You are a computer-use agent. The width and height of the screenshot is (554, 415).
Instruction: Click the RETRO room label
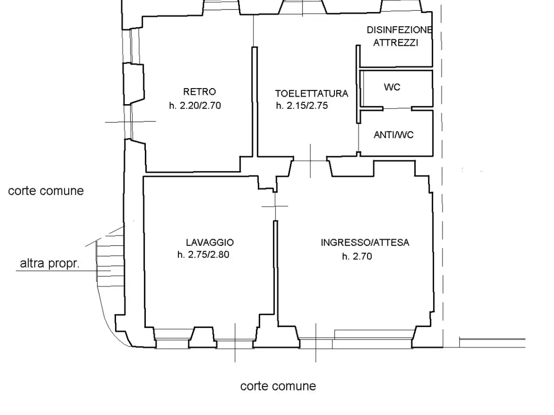pyautogui.click(x=200, y=92)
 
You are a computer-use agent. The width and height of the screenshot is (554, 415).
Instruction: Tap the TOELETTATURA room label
pyautogui.click(x=312, y=93)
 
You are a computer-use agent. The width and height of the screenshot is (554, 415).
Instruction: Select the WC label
pyautogui.click(x=392, y=87)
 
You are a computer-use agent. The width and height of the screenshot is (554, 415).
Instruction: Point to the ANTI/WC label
pyautogui.click(x=393, y=135)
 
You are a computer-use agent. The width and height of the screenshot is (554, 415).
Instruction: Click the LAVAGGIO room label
pyautogui.click(x=210, y=243)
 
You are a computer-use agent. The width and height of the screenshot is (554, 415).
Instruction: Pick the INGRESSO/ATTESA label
pyautogui.click(x=365, y=243)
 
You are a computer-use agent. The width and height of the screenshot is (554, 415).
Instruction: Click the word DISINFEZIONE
pyautogui.click(x=399, y=30)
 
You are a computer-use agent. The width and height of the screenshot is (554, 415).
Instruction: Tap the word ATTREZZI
pyautogui.click(x=396, y=43)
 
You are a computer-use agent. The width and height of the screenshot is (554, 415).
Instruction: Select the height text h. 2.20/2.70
pyautogui.click(x=195, y=105)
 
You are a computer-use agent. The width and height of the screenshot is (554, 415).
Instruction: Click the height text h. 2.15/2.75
pyautogui.click(x=302, y=105)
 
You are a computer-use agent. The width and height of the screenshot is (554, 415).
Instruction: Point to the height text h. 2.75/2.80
pyautogui.click(x=203, y=255)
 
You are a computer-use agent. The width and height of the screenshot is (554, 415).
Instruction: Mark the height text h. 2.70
pyautogui.click(x=357, y=256)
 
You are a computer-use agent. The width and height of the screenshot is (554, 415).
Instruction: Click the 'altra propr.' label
pyautogui.click(x=50, y=264)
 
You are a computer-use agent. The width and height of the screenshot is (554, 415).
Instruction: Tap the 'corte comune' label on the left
pyautogui.click(x=46, y=191)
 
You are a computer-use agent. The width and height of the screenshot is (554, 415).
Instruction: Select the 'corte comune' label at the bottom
pyautogui.click(x=278, y=386)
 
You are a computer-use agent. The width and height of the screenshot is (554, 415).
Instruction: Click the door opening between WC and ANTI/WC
pyautogui.click(x=397, y=109)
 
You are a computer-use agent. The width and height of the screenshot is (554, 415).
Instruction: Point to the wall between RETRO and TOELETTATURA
pyautogui.click(x=254, y=102)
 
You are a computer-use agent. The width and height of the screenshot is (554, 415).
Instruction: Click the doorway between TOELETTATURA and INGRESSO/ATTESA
pyautogui.click(x=310, y=161)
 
